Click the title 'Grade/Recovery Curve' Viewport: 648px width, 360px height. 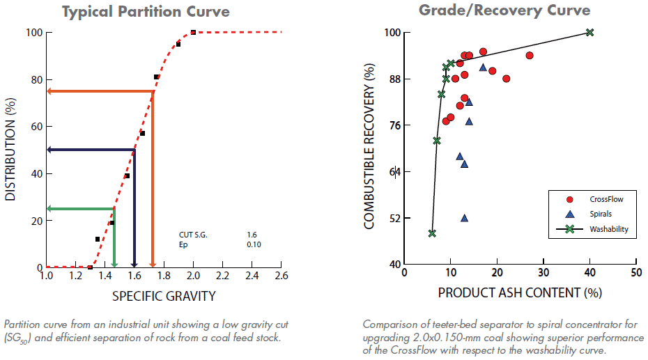click(x=504, y=10)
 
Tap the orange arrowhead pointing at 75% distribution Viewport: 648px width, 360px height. click(x=50, y=91)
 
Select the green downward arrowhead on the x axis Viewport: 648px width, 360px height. click(x=114, y=263)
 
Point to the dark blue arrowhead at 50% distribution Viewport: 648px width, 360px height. click(x=50, y=150)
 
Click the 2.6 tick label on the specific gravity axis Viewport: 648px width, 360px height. click(x=281, y=276)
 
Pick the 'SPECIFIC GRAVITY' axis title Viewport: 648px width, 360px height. click(x=164, y=296)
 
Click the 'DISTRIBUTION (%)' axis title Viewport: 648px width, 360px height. click(x=10, y=150)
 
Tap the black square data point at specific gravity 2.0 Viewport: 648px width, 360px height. click(x=193, y=32)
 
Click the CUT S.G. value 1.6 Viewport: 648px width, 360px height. click(x=252, y=235)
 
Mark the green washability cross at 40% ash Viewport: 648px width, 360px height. click(x=590, y=33)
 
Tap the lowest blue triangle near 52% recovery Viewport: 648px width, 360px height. click(x=464, y=218)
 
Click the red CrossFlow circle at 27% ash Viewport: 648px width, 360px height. click(x=530, y=56)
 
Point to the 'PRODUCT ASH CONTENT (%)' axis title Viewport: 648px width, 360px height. click(x=519, y=293)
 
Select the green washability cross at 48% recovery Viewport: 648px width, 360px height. click(x=432, y=233)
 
